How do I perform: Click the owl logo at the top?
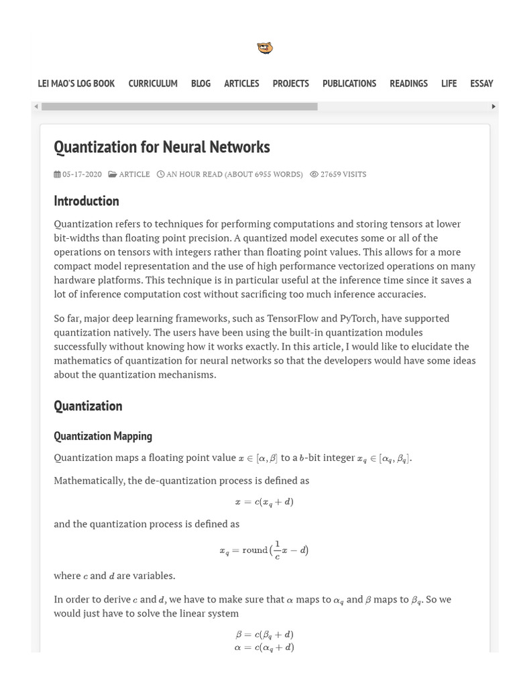coord(265,48)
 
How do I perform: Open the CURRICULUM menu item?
coord(153,83)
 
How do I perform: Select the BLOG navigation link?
coord(201,83)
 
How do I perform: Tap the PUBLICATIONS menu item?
coord(349,83)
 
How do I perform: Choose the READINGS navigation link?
coord(408,83)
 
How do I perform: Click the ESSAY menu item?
coord(481,83)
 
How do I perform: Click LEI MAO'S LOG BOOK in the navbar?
coord(76,83)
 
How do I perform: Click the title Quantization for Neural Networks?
coord(162,147)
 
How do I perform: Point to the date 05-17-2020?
coord(82,174)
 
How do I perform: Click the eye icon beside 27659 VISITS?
coord(314,174)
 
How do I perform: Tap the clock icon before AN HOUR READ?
coord(160,174)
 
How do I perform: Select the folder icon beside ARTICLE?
coord(113,174)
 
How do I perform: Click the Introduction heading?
coord(86,201)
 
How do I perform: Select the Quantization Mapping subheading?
coord(103,436)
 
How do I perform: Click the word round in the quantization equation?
coord(254,550)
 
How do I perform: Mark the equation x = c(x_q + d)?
coord(264,502)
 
